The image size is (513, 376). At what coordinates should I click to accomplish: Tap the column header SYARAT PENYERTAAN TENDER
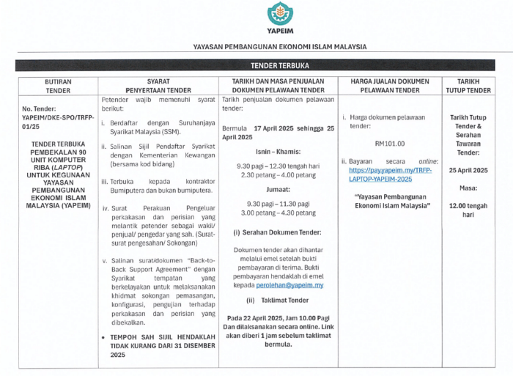point(158,85)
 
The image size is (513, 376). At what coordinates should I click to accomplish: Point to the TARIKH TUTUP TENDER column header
point(468,85)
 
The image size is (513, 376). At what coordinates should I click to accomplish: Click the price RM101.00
point(389,144)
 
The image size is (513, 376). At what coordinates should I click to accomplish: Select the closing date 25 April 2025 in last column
point(468,170)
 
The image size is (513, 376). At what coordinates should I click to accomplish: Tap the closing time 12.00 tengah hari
point(468,210)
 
